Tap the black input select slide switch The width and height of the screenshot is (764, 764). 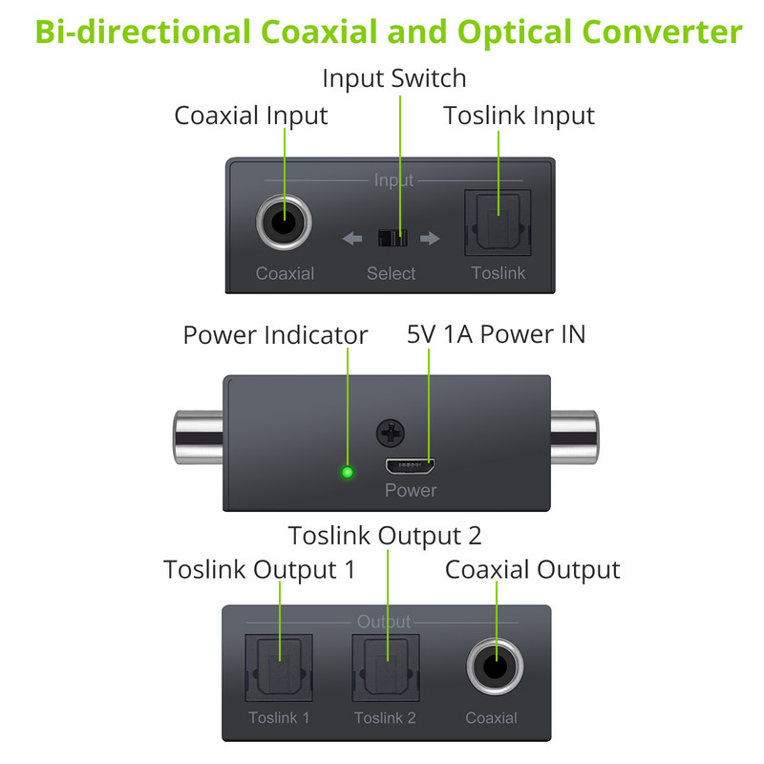(392, 237)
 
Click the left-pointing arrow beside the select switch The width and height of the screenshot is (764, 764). (352, 238)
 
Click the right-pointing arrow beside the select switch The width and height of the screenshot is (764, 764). (430, 238)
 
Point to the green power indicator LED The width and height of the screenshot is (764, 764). (348, 471)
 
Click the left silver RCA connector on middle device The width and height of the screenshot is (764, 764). (198, 439)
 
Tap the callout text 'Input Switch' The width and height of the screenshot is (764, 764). (393, 77)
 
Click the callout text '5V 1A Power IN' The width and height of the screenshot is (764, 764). (496, 334)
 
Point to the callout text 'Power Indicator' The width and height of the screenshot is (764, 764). (275, 335)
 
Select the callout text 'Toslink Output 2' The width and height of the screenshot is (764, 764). (385, 535)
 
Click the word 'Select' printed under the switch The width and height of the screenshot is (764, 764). (391, 274)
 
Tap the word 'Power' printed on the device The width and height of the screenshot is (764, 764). (410, 491)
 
